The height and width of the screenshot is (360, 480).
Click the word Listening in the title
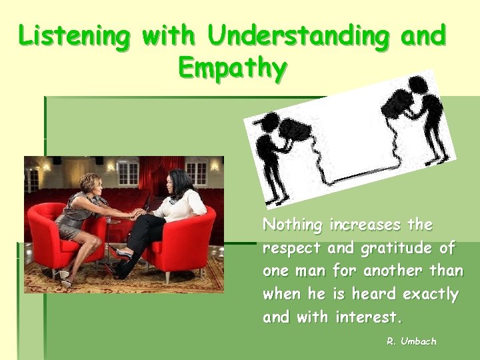[75, 37]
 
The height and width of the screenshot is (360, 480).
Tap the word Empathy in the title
[233, 67]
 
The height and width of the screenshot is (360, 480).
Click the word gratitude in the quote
[398, 249]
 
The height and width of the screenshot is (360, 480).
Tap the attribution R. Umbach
[411, 341]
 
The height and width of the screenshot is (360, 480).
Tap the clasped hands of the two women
[137, 215]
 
